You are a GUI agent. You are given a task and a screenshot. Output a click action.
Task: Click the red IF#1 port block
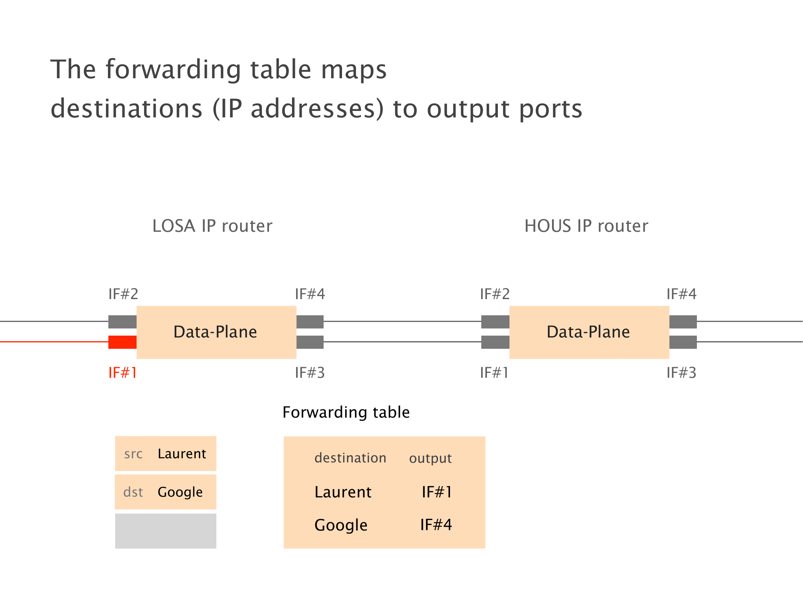click(x=122, y=342)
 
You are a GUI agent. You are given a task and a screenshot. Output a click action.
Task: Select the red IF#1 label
click(x=122, y=373)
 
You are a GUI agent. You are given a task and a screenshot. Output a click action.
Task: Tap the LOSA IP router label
click(x=212, y=226)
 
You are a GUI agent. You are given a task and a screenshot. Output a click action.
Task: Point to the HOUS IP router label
click(x=586, y=226)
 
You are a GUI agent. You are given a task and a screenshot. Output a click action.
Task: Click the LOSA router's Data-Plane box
click(x=216, y=332)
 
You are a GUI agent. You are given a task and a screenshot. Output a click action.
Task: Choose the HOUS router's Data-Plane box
click(x=589, y=332)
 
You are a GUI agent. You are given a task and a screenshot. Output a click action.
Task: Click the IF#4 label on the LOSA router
click(x=310, y=294)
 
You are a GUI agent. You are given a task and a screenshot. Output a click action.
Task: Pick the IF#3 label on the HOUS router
click(x=681, y=373)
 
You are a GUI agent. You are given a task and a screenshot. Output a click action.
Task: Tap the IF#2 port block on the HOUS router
click(x=495, y=322)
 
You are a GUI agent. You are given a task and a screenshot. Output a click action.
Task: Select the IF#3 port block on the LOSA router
click(x=310, y=342)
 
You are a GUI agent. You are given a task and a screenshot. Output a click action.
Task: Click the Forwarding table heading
click(x=346, y=412)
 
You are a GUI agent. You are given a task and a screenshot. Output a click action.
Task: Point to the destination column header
click(x=350, y=458)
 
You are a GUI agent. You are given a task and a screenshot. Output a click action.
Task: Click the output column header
click(x=430, y=458)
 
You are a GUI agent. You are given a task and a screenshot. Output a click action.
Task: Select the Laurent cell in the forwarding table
click(x=343, y=492)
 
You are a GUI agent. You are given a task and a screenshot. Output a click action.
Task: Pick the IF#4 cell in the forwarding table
click(x=436, y=524)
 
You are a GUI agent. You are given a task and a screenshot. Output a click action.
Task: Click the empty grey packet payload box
click(x=166, y=531)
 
